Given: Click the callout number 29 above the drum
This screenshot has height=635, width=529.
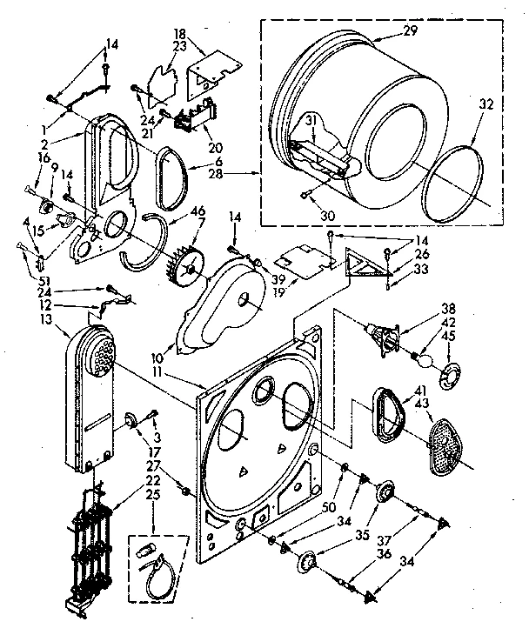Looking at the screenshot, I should (412, 31).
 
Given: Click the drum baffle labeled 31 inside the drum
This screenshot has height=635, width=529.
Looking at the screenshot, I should (320, 157).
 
